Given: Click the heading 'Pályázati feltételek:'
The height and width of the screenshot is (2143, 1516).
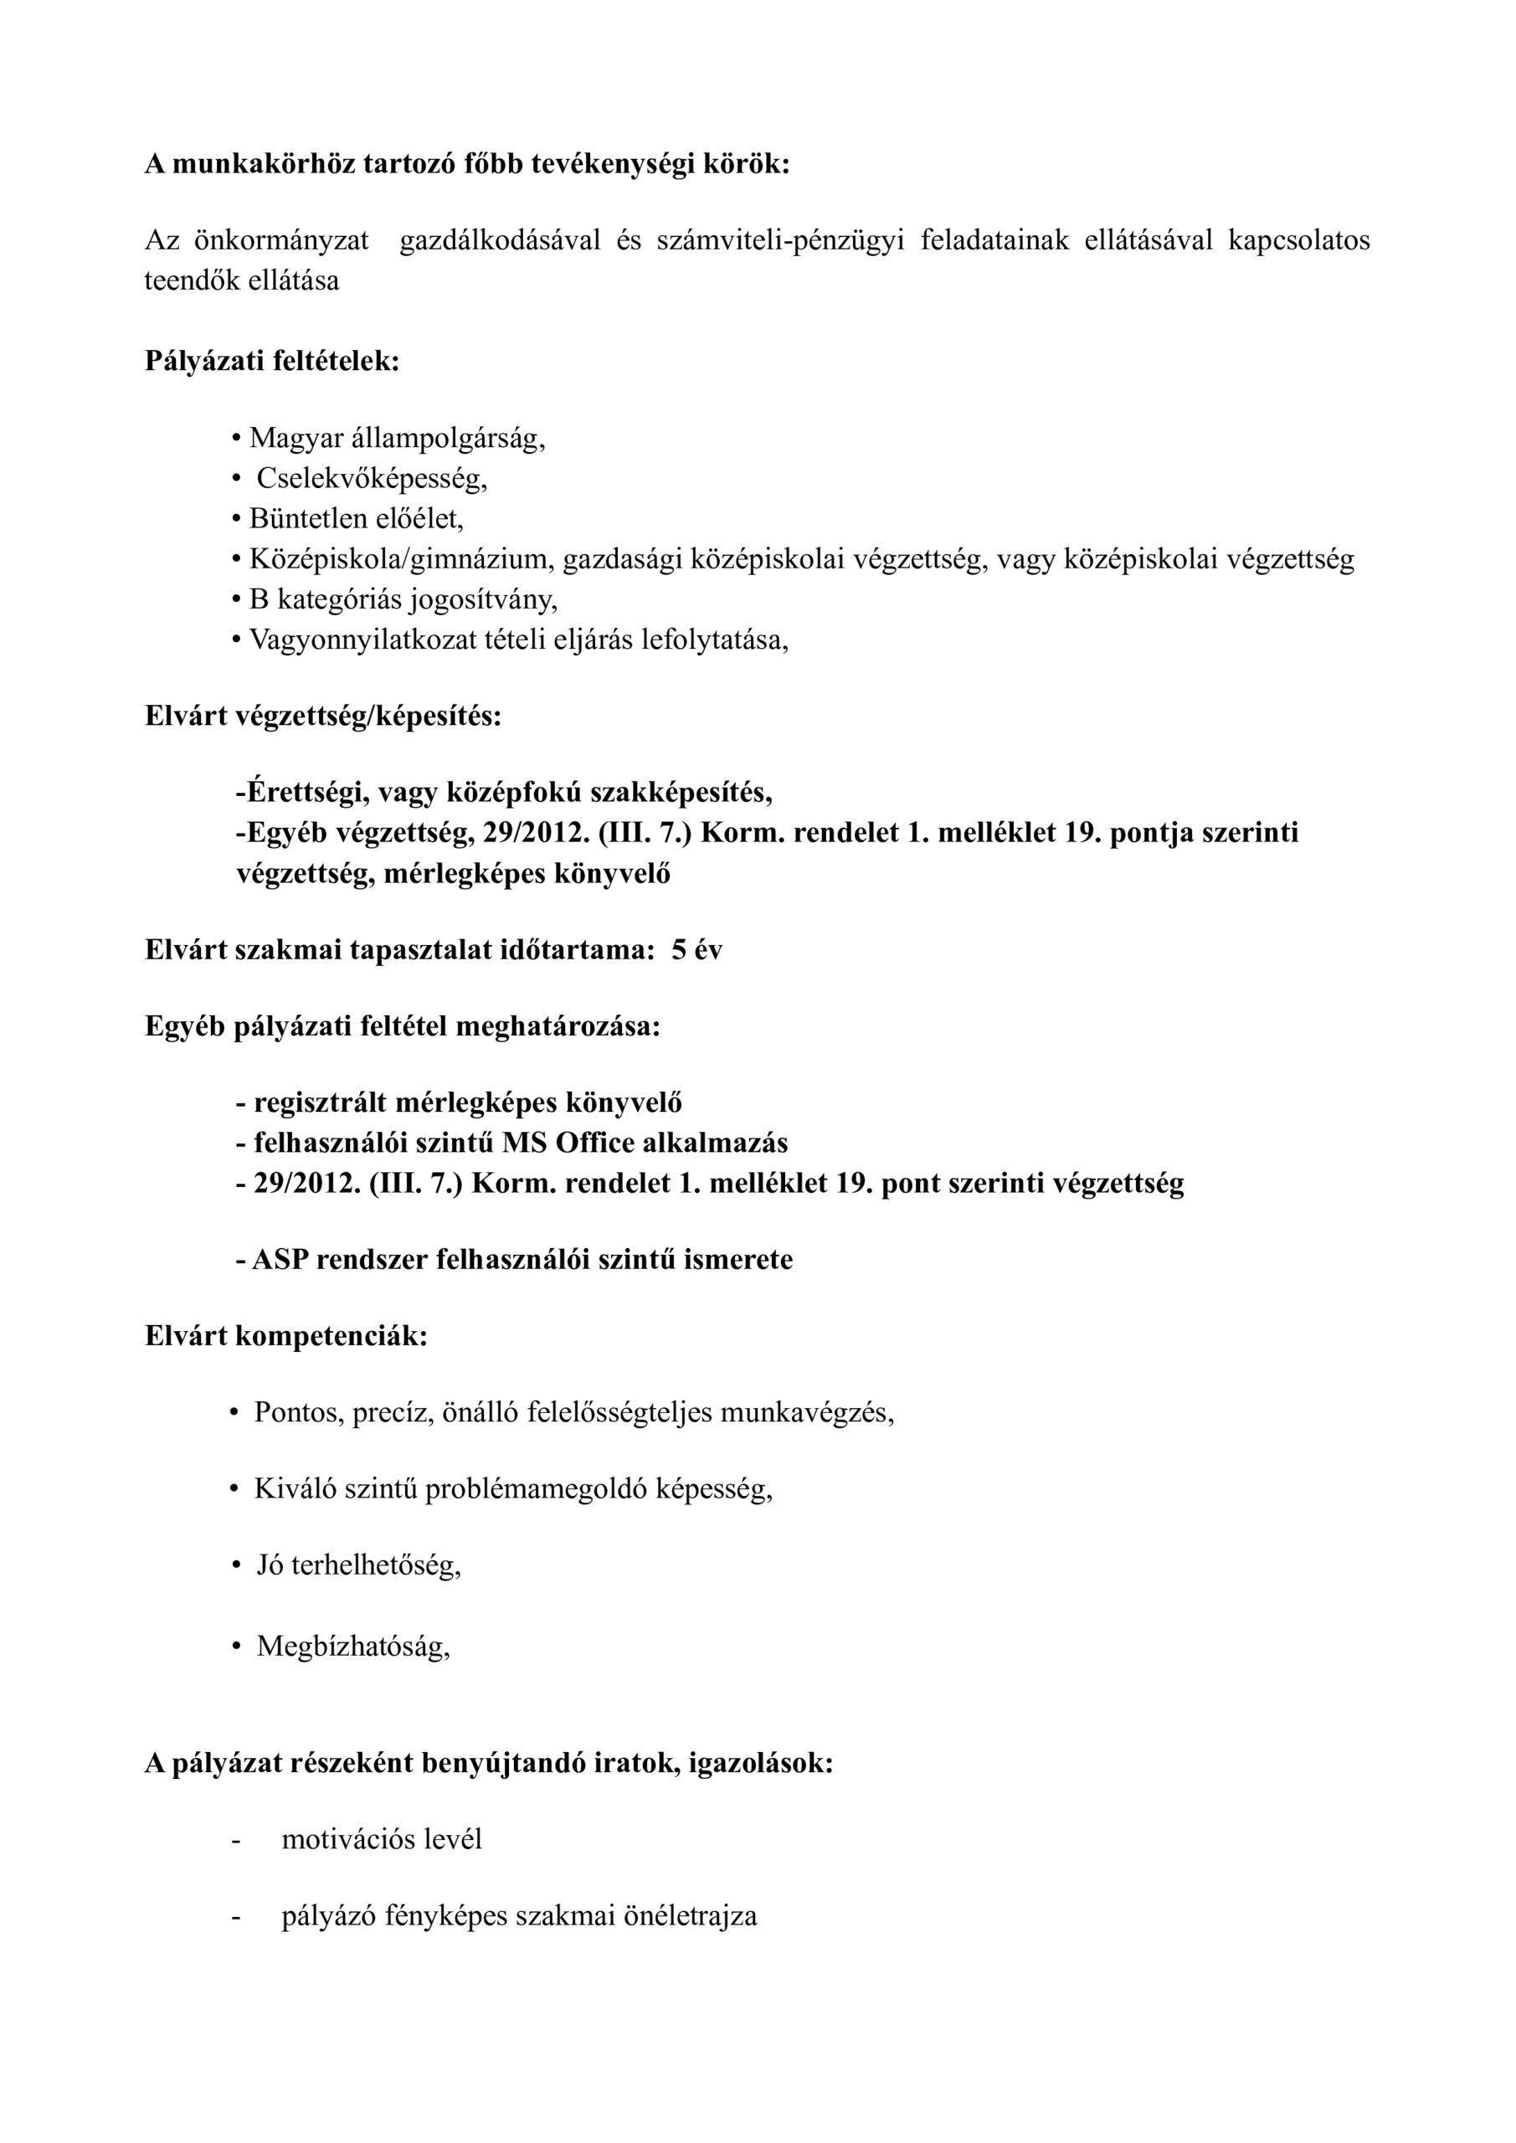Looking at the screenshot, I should tap(272, 360).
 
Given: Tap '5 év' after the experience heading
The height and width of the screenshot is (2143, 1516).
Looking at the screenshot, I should tap(696, 950).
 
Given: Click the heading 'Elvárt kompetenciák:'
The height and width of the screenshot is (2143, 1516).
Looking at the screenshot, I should tap(285, 1337).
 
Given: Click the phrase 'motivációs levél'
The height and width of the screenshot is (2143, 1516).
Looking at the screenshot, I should tap(382, 1840).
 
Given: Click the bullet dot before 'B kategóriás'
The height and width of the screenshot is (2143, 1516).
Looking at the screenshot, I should tap(236, 600).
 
